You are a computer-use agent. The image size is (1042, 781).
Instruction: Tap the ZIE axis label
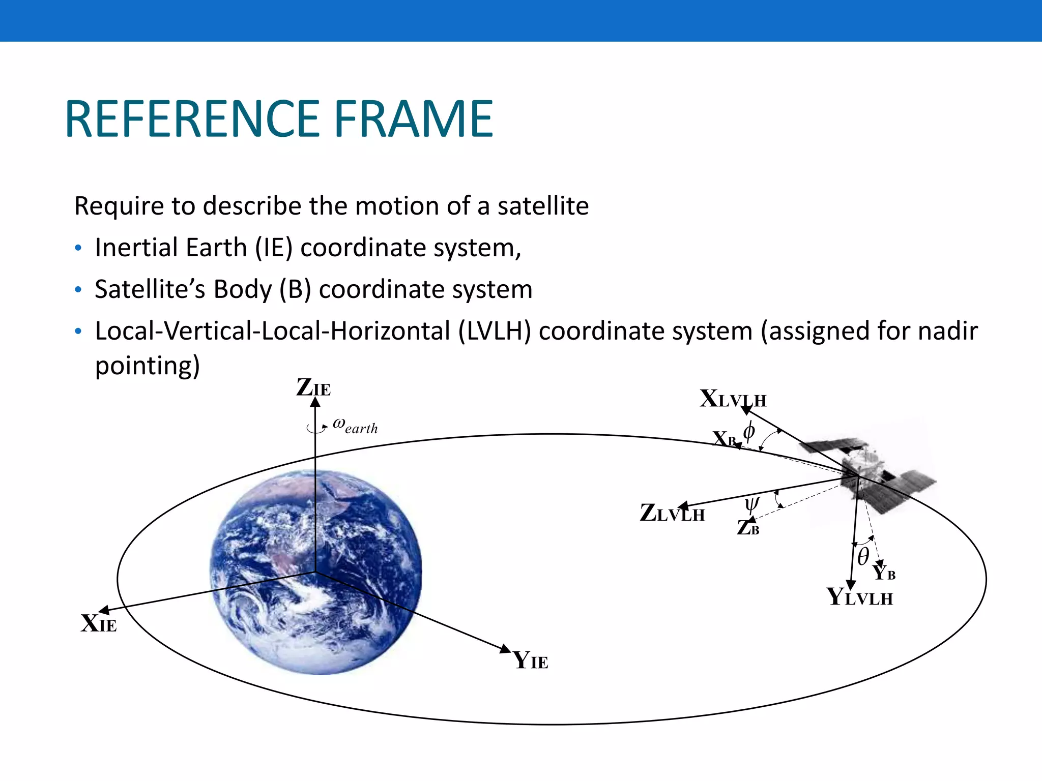pos(313,388)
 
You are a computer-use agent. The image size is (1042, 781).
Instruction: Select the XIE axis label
pos(99,623)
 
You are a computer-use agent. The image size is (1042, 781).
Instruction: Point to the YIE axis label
pos(531,660)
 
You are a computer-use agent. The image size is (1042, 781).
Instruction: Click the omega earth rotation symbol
pos(355,425)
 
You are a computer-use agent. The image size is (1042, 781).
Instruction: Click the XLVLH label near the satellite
pos(733,399)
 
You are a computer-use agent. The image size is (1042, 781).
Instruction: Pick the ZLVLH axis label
pos(672,513)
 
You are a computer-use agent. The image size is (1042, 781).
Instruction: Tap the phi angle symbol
pos(749,432)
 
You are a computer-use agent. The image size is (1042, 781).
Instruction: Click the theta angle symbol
pos(863,556)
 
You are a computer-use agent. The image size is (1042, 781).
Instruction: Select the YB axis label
pos(884,573)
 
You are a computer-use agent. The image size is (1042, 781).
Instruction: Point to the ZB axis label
pos(748,528)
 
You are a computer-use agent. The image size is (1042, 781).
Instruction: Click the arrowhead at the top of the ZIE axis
pos(315,402)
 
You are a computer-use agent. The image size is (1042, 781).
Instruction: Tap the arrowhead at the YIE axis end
pos(505,648)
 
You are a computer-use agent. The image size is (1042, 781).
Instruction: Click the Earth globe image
pos(315,572)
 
